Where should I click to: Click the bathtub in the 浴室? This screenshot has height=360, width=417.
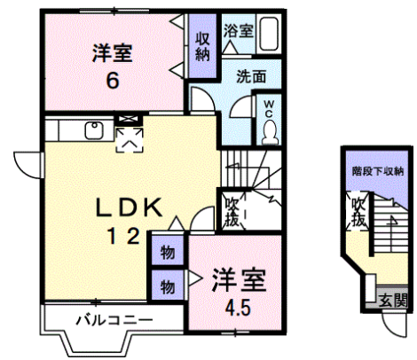[269, 34]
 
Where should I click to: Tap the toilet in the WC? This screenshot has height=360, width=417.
[269, 133]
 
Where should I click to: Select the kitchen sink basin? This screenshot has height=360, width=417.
[94, 130]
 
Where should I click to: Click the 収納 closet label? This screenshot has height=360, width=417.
[202, 46]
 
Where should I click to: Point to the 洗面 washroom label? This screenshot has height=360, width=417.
[251, 76]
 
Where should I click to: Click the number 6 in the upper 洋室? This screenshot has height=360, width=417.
[113, 81]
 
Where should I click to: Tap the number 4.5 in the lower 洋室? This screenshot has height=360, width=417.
[238, 307]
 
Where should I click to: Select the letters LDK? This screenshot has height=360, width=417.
[129, 207]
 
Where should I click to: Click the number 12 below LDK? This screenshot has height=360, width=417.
[124, 236]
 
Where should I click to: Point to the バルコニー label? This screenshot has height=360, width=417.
[114, 320]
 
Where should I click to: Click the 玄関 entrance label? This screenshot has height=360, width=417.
[393, 301]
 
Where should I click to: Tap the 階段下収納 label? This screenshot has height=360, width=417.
[378, 171]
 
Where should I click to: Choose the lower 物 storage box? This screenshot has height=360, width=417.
[168, 286]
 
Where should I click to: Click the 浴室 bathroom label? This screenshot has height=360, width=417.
[239, 31]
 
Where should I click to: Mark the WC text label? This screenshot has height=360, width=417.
[269, 109]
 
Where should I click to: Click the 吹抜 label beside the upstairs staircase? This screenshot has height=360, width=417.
[232, 212]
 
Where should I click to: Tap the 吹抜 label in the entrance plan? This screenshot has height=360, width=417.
[358, 212]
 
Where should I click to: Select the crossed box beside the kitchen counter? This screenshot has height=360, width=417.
[128, 120]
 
